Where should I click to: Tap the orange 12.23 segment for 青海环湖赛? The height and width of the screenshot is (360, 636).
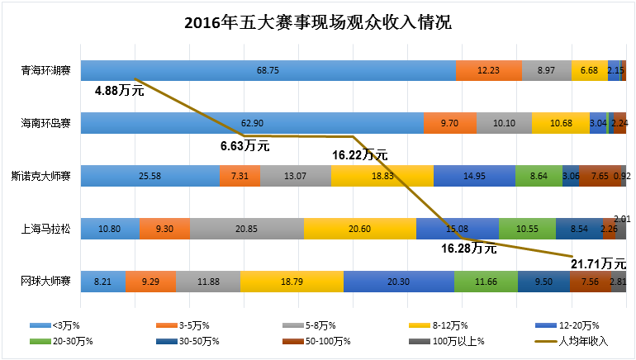click(488, 71)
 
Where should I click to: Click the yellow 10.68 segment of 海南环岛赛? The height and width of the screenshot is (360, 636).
click(561, 123)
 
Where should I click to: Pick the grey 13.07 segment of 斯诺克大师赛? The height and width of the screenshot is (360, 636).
click(296, 176)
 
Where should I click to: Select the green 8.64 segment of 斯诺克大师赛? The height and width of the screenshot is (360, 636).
click(538, 176)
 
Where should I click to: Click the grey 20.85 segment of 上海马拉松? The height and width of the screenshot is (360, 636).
click(246, 229)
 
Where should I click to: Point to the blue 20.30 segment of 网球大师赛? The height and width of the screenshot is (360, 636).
click(399, 282)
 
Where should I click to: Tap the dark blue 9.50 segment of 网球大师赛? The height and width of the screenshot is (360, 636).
click(543, 282)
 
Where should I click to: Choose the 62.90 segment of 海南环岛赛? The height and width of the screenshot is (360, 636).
click(252, 123)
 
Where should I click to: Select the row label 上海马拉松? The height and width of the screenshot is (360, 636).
click(45, 229)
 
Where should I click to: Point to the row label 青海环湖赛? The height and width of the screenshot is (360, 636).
click(45, 71)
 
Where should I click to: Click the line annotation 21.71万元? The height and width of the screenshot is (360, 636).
click(598, 264)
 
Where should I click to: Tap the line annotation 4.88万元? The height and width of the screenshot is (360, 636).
click(119, 90)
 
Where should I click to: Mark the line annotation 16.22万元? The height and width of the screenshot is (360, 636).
click(359, 154)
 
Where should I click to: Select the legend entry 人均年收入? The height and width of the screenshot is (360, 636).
click(583, 341)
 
